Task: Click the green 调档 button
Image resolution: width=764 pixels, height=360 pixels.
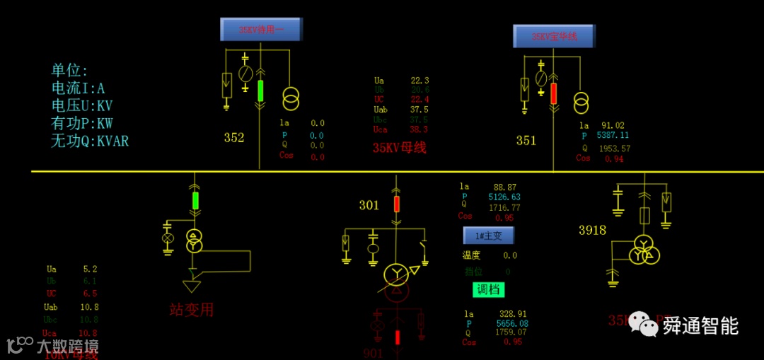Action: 488,289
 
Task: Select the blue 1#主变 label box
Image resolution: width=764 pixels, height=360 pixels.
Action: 488,236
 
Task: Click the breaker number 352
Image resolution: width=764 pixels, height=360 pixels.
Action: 234,138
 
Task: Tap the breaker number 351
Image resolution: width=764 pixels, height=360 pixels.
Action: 526,141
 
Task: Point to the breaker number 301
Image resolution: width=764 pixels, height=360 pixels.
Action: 369,206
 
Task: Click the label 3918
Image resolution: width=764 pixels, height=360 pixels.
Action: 592,230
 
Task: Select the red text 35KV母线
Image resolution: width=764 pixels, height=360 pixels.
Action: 400,148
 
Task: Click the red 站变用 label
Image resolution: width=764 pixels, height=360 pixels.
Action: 191,310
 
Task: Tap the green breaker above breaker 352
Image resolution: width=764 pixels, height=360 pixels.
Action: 260,91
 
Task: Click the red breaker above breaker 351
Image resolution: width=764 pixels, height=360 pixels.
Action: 553,93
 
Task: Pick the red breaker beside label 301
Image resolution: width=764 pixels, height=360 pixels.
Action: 396,204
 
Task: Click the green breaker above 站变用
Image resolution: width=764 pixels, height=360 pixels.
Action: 196,201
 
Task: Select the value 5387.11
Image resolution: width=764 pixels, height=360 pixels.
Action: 613,135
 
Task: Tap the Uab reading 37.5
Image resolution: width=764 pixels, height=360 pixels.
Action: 419,110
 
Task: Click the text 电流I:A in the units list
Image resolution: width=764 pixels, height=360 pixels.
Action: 78,88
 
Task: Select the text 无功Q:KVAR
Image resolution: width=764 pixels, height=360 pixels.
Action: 90,141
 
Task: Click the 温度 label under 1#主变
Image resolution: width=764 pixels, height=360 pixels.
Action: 471,255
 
